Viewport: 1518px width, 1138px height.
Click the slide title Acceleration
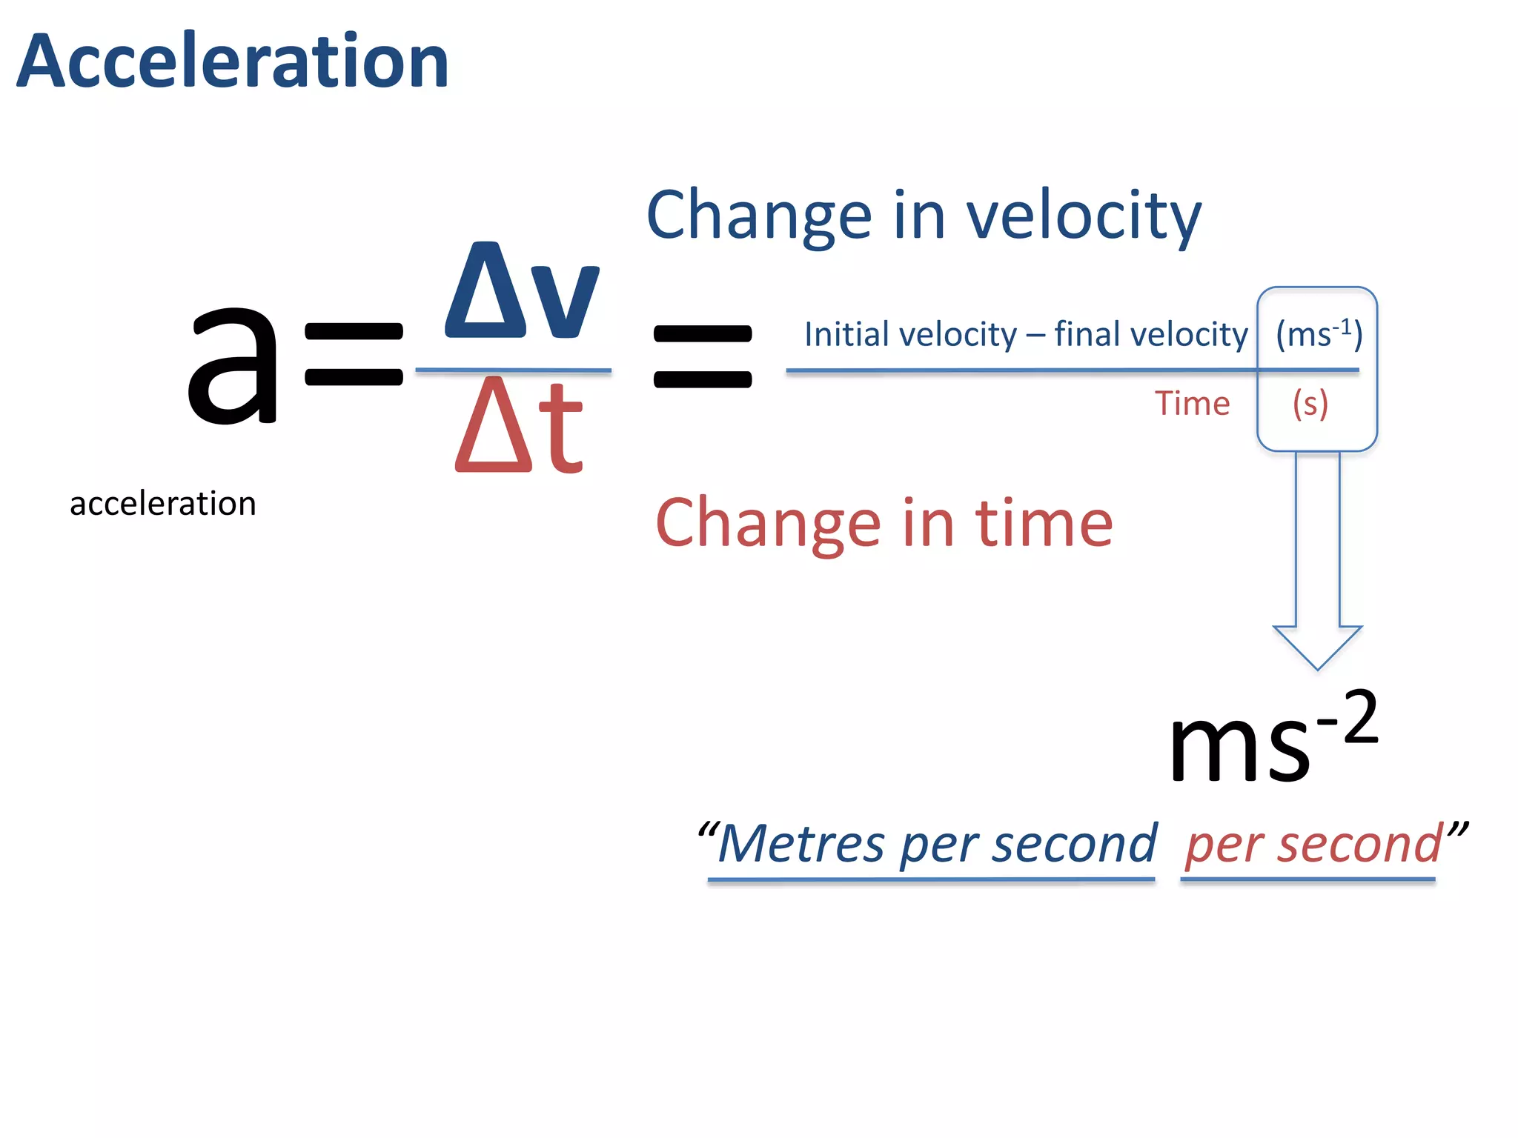(x=233, y=62)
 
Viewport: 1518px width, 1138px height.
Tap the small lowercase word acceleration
(x=163, y=504)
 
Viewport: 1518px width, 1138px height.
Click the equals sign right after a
(x=354, y=355)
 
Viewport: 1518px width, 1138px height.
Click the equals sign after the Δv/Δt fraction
(x=702, y=356)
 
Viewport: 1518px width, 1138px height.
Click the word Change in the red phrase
(x=769, y=525)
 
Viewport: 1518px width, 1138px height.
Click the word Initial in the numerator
(x=845, y=335)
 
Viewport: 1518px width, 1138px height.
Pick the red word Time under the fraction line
(x=1192, y=404)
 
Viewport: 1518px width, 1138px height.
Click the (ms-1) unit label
(x=1319, y=334)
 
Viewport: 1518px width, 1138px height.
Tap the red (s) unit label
(x=1310, y=405)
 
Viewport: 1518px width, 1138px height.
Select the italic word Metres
(x=801, y=845)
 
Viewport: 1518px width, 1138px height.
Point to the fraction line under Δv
(x=513, y=370)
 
